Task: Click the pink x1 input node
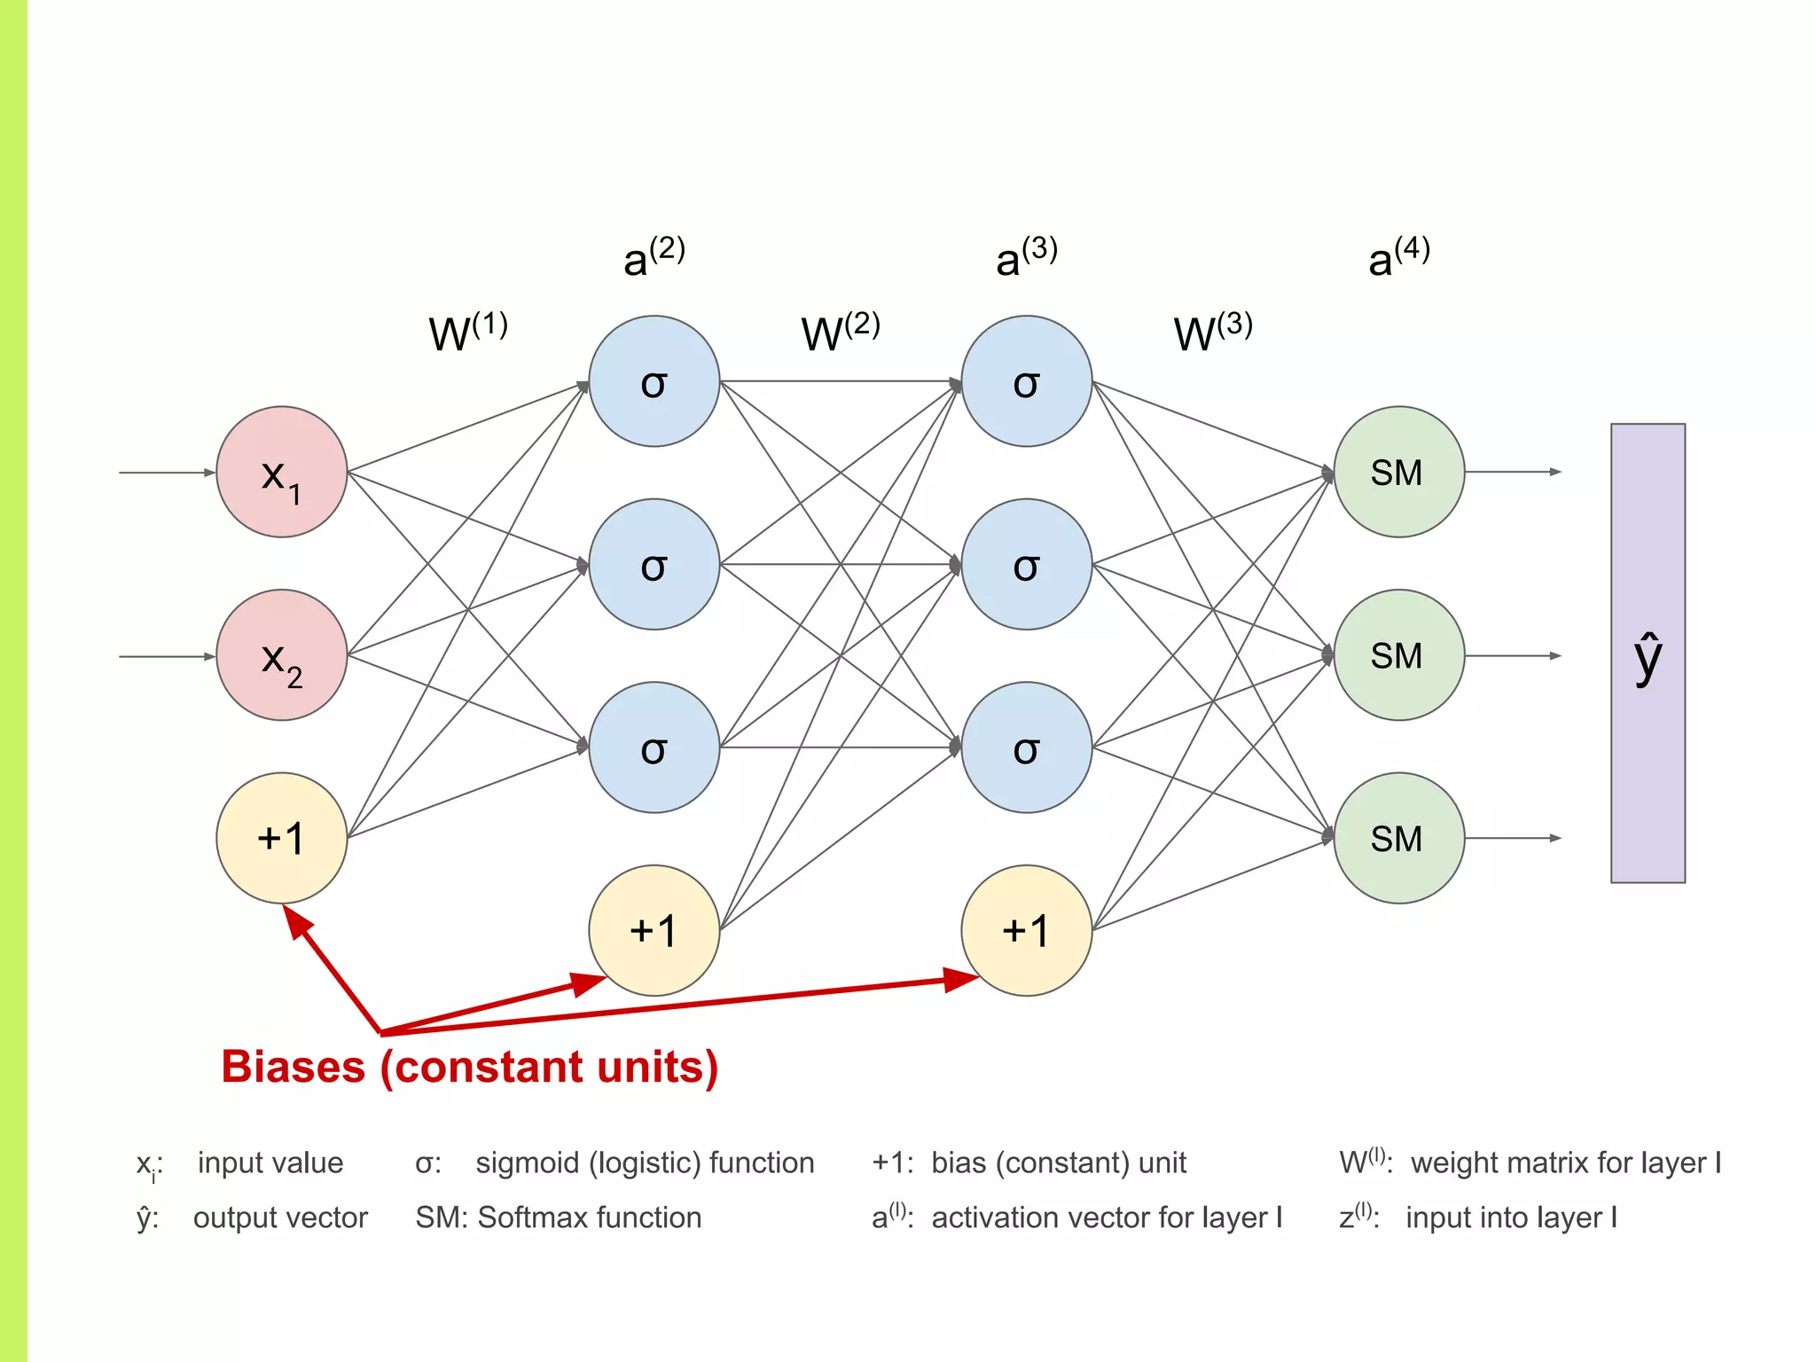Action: (281, 472)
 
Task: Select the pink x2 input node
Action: (281, 655)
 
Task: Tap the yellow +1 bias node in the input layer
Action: (281, 838)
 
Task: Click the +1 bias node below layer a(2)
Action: (654, 930)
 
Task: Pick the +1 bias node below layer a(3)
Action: (1026, 930)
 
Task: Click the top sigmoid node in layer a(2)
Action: (654, 381)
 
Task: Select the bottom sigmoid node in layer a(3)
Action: (1026, 748)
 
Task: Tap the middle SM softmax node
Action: (1398, 655)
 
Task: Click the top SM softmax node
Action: (1398, 472)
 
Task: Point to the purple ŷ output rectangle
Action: (1648, 654)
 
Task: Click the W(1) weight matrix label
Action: (467, 332)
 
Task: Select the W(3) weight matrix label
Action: (1212, 332)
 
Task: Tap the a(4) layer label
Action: (1398, 257)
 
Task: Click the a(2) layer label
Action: (654, 257)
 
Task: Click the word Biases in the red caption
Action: (293, 1067)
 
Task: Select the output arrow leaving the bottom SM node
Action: (1512, 838)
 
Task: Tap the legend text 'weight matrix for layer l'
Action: (1565, 1162)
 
